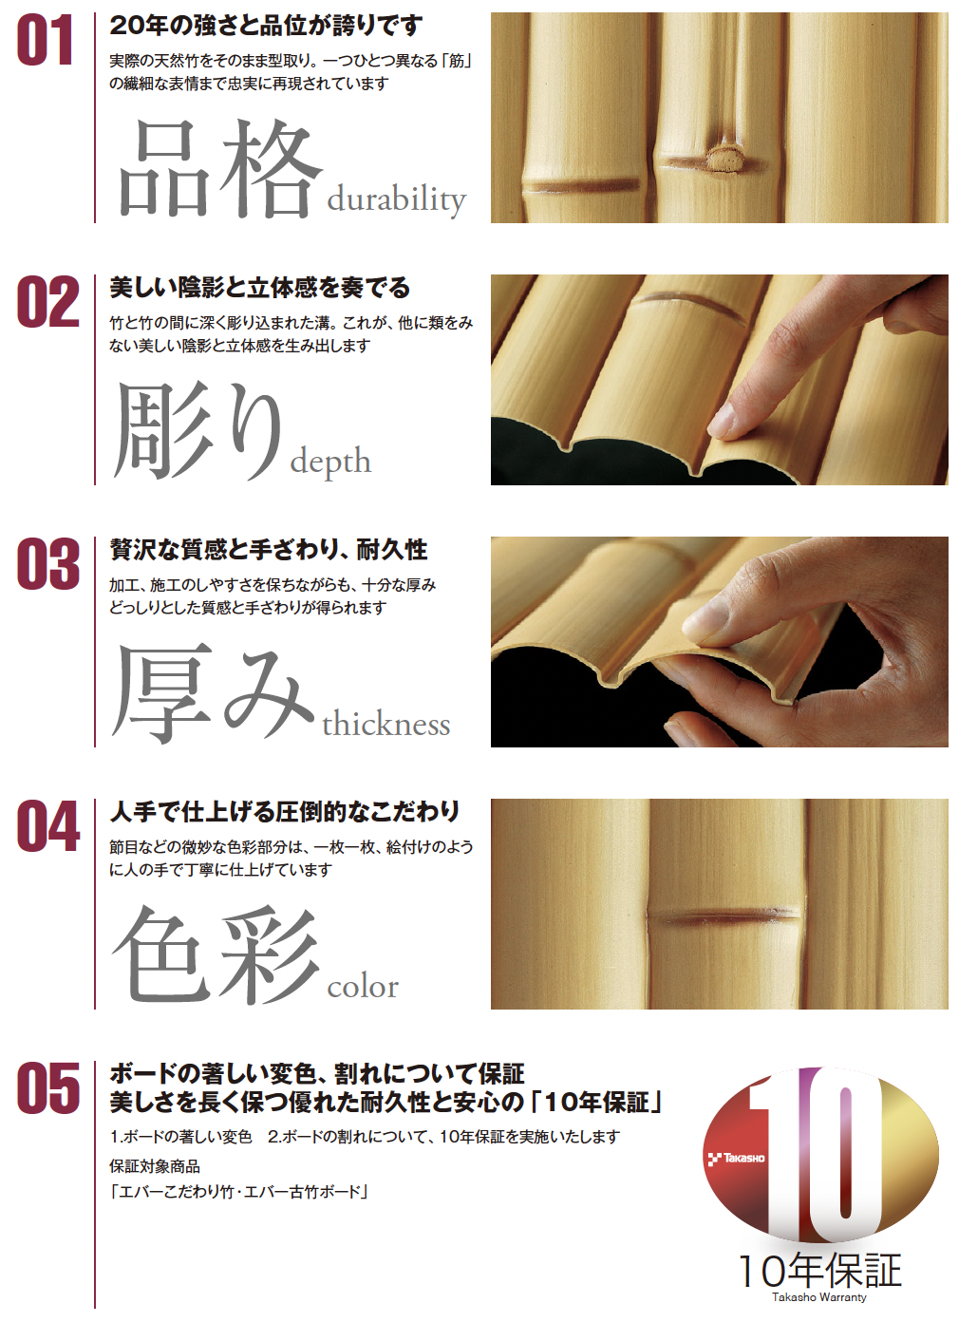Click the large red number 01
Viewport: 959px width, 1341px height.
[45, 40]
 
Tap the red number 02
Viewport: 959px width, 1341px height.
[47, 302]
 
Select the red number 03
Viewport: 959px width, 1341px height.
[47, 564]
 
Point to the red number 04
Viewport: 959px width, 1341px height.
[47, 826]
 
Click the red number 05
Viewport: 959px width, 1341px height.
[47, 1088]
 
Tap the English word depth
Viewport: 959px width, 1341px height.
[330, 462]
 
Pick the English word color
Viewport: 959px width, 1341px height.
[363, 987]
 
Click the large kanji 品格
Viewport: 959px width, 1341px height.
[218, 169]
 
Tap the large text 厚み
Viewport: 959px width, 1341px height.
[213, 694]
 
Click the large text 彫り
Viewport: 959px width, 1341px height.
[197, 431]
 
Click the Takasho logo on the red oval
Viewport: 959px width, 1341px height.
[736, 1159]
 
